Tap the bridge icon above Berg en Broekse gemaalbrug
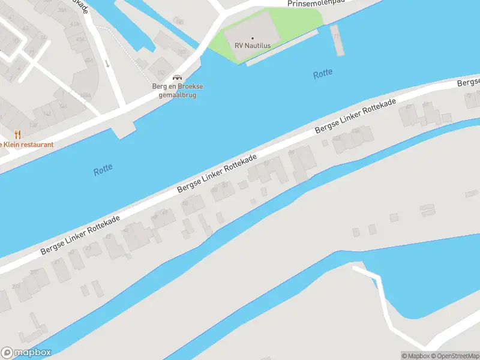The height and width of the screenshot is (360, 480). [x=177, y=77]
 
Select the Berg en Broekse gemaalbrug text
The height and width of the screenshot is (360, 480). [x=177, y=91]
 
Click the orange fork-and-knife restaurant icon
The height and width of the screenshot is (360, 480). [x=17, y=135]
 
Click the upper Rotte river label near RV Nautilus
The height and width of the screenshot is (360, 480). [x=323, y=74]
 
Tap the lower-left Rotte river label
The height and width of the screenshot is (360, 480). [x=103, y=170]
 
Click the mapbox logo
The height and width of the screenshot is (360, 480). [x=26, y=353]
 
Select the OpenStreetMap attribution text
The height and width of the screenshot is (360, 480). [x=454, y=356]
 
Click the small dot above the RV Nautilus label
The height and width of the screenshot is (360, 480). [x=253, y=38]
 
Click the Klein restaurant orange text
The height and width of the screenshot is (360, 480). [x=27, y=145]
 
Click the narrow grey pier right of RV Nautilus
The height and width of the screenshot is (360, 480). [x=337, y=40]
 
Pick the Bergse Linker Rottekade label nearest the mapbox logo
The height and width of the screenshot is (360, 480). [x=79, y=235]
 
